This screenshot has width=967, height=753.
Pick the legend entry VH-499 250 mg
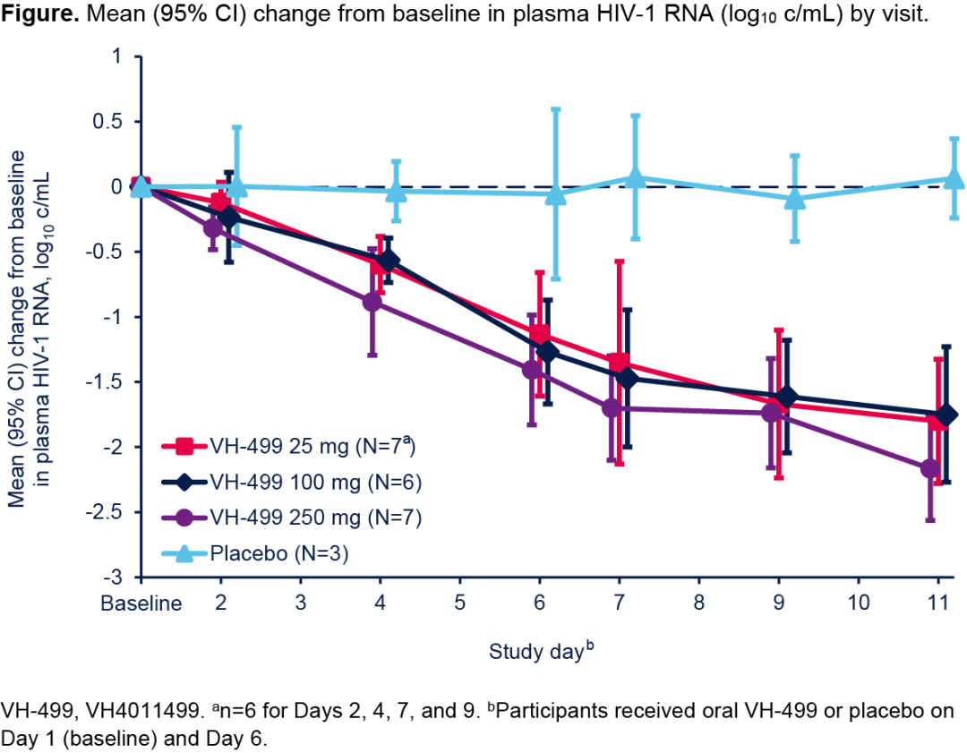point(291,517)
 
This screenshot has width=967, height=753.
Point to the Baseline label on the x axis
point(140,603)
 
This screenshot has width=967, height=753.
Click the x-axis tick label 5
point(459,603)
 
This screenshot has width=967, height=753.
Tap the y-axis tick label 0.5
point(110,121)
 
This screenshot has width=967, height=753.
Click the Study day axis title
point(537,652)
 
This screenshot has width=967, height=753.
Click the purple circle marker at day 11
point(930,468)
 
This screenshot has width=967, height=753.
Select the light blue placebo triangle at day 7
point(635,178)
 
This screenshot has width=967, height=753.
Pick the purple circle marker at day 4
point(372,302)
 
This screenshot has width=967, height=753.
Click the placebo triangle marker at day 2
point(236,186)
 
